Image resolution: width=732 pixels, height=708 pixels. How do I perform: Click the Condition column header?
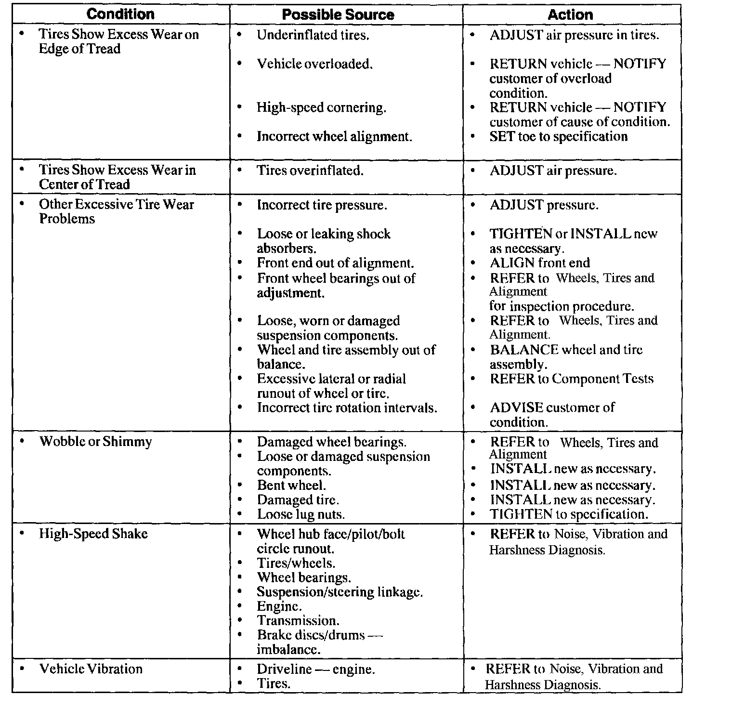pyautogui.click(x=120, y=14)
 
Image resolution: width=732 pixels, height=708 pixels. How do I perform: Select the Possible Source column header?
pyautogui.click(x=338, y=15)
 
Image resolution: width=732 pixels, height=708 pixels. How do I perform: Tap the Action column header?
pyautogui.click(x=570, y=14)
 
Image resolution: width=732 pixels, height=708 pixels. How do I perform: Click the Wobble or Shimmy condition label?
pyautogui.click(x=95, y=442)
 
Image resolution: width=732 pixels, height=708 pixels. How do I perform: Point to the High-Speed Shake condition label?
pyautogui.click(x=93, y=534)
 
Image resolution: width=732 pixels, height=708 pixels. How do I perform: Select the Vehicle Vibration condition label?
pyautogui.click(x=91, y=669)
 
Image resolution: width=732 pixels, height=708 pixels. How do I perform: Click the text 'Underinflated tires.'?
pyautogui.click(x=313, y=35)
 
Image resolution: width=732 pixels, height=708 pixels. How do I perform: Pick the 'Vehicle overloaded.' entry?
pyautogui.click(x=314, y=64)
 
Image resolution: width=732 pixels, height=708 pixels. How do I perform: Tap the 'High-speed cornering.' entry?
pyautogui.click(x=321, y=107)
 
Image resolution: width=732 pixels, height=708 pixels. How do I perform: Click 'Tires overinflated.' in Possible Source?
pyautogui.click(x=310, y=170)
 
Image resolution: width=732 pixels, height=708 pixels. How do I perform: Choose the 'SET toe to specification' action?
pyautogui.click(x=558, y=137)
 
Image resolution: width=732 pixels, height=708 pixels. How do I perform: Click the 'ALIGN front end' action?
pyautogui.click(x=539, y=263)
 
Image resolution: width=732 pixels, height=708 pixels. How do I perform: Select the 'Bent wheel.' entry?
pyautogui.click(x=291, y=485)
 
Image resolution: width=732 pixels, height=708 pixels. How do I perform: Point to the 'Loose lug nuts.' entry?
pyautogui.click(x=301, y=514)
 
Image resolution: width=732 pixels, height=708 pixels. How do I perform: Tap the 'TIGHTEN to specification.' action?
pyautogui.click(x=569, y=514)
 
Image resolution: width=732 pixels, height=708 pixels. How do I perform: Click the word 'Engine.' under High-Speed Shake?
pyautogui.click(x=279, y=606)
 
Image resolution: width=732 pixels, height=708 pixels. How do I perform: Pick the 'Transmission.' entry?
pyautogui.click(x=298, y=621)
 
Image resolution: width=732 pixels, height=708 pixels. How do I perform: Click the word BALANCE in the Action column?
pyautogui.click(x=524, y=350)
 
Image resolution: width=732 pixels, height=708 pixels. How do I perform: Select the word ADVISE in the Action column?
pyautogui.click(x=516, y=407)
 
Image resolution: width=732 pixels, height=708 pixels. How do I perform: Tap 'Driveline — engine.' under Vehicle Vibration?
pyautogui.click(x=315, y=669)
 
